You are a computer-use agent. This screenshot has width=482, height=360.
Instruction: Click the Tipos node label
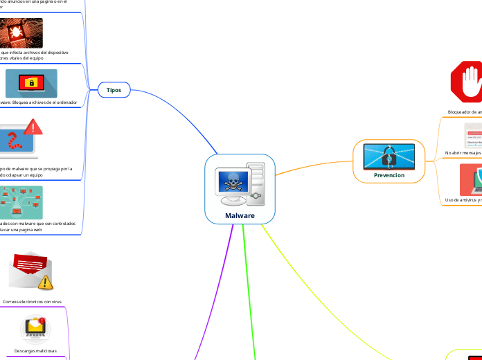pos(114,90)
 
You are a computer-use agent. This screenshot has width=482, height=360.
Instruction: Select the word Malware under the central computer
pos(240,215)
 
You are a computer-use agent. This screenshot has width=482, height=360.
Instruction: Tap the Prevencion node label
pos(389,175)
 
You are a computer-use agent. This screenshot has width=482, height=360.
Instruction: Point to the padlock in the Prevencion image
pos(389,156)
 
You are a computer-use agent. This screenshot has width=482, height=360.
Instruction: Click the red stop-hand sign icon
pos(467,82)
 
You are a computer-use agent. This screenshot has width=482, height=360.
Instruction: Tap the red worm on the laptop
pos(12,142)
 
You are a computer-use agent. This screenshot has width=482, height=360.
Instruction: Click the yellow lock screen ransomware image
pos(31,83)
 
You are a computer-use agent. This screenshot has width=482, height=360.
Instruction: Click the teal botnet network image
pos(20,201)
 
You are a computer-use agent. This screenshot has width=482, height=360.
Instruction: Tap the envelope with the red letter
pos(28,269)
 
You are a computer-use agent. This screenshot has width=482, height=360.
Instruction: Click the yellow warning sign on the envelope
pos(45,282)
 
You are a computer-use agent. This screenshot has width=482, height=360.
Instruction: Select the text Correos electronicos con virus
pos(32,302)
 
